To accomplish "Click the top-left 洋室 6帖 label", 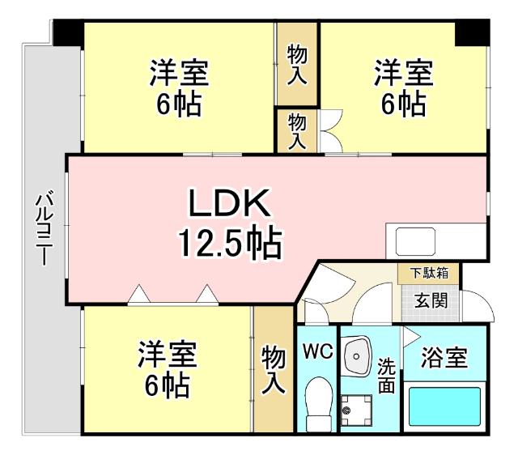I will (179, 88).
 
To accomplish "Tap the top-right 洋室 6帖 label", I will (403, 88).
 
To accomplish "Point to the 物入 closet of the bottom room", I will (273, 369).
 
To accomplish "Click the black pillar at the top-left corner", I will (68, 33).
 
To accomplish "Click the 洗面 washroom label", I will (386, 376).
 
